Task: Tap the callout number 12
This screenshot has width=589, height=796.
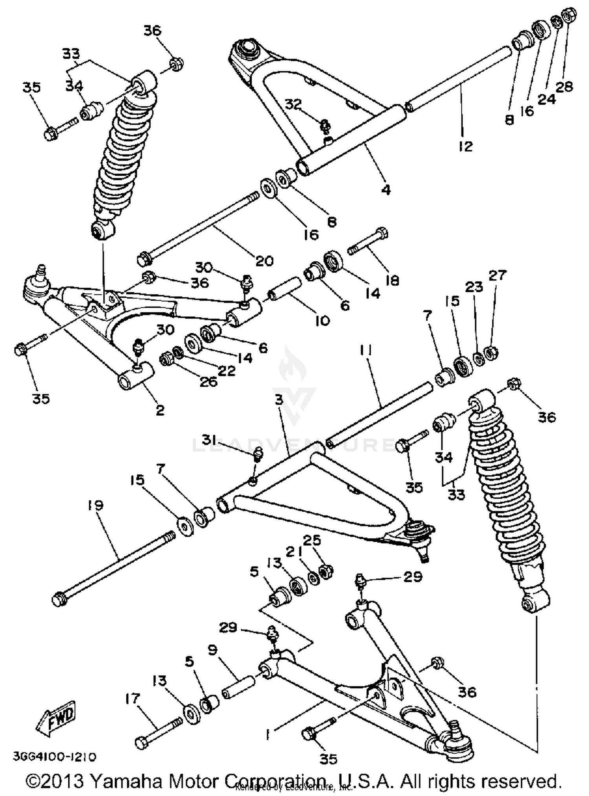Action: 465,146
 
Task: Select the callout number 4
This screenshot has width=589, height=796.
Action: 386,190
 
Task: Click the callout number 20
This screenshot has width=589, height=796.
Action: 264,260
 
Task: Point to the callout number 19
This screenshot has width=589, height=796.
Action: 96,505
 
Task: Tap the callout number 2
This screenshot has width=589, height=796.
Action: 160,410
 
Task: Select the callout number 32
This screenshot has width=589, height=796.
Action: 293,104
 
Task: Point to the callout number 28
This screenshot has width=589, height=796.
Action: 565,86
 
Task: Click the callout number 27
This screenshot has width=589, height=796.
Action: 498,275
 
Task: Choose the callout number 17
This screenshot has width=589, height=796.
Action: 132,699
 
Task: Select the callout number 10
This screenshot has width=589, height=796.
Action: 322,321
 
